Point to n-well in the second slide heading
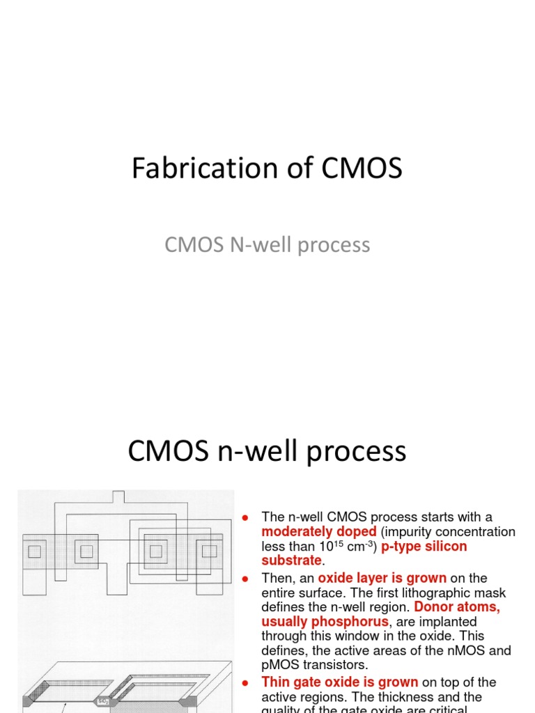point(252,451)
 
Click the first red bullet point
point(245,517)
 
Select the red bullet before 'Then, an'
point(245,578)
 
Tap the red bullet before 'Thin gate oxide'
point(245,682)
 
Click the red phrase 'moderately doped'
point(318,532)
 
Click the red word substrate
point(291,561)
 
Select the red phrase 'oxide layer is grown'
point(382,578)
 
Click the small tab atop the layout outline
point(118,496)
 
